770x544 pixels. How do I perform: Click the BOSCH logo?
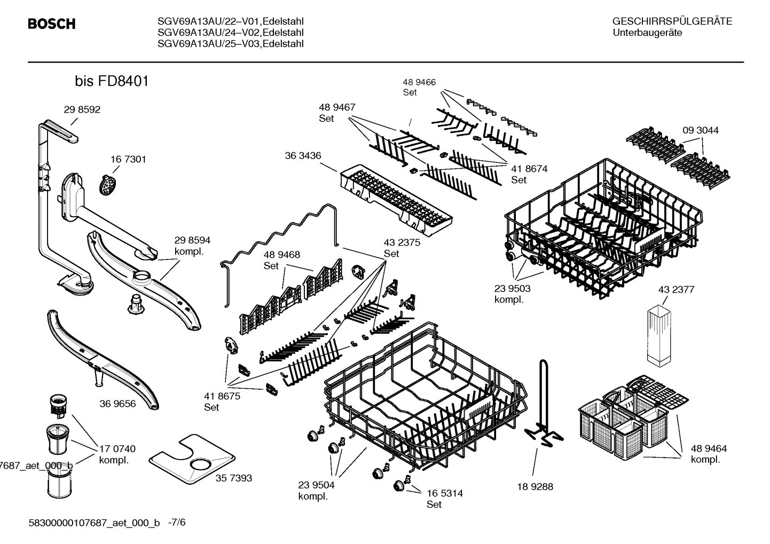click(51, 24)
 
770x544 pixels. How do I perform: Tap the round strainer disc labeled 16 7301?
click(109, 185)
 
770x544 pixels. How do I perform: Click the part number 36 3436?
click(303, 156)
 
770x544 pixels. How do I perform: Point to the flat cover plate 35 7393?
click(193, 457)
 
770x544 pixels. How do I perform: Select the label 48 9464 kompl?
click(709, 454)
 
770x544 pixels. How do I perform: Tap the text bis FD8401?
click(112, 82)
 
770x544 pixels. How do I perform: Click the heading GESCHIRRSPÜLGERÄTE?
click(672, 22)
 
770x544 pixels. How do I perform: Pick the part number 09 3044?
click(700, 130)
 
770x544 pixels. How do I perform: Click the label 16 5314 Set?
click(444, 499)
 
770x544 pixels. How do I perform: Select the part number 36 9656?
click(117, 404)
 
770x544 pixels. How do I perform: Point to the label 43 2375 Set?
click(402, 248)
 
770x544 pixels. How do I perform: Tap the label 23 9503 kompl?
click(512, 294)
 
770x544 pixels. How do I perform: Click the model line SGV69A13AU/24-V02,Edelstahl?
click(231, 33)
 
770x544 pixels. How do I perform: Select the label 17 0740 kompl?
click(117, 454)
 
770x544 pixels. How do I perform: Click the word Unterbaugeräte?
click(647, 33)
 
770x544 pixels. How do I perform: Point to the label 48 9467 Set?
click(337, 113)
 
